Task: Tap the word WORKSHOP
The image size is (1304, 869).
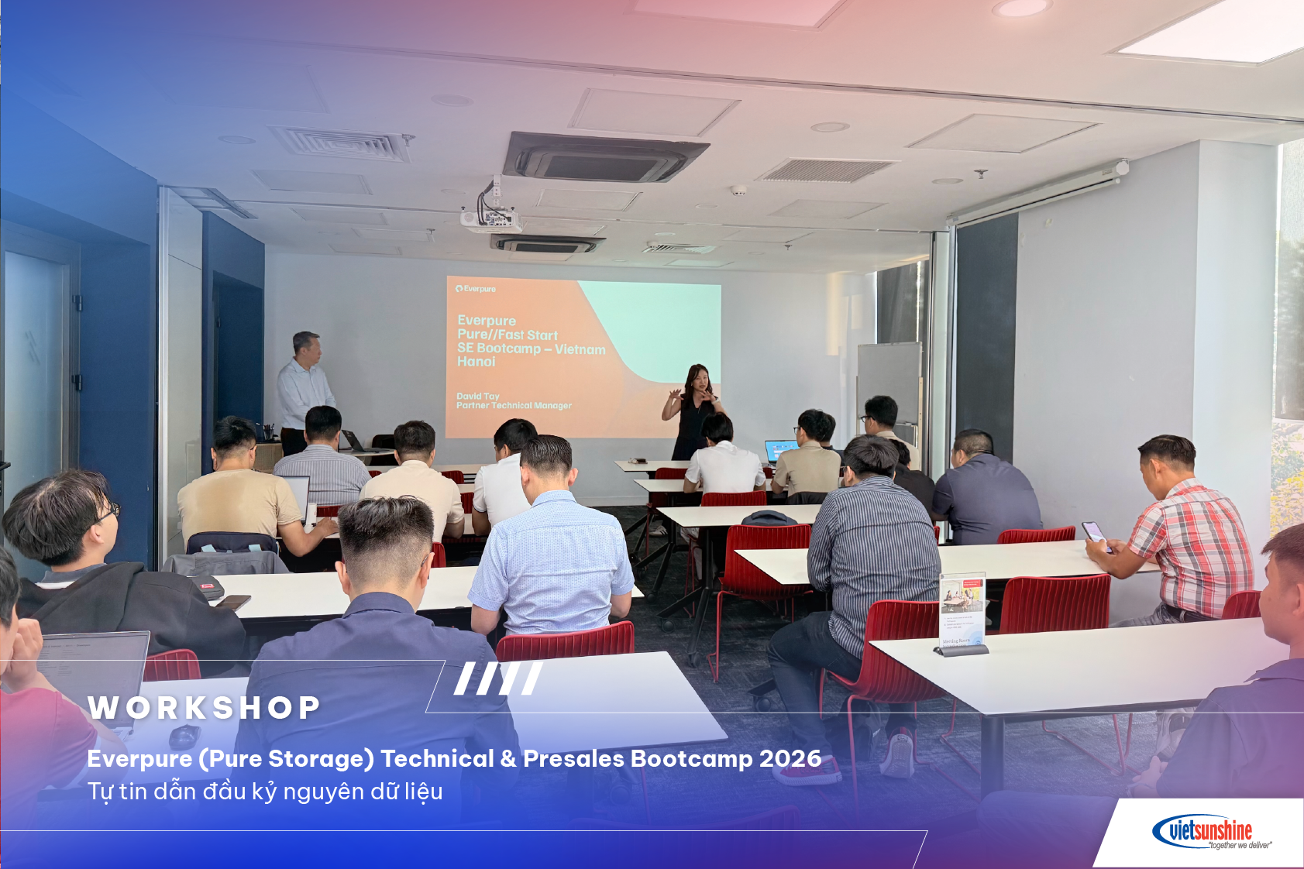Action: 204,708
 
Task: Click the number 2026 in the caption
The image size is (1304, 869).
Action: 790,758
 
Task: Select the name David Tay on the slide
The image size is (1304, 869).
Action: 477,396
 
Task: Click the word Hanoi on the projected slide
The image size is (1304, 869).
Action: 476,362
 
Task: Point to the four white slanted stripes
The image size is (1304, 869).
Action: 498,678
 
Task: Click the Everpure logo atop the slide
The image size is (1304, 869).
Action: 476,289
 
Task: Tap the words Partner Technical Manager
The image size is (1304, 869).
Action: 514,406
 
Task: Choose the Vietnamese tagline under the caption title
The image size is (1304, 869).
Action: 265,792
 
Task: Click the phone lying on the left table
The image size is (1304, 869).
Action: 232,601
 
